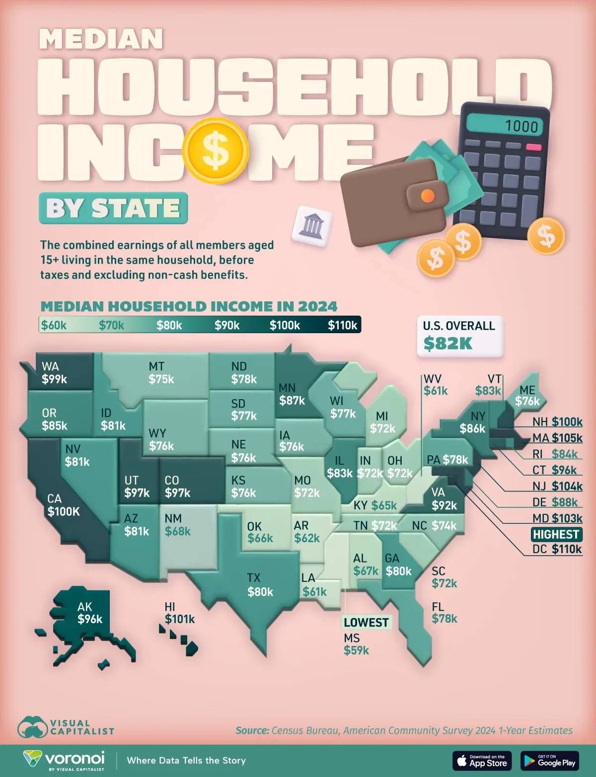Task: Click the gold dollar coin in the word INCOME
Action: (216, 150)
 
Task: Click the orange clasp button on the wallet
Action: (427, 196)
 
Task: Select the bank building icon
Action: (311, 226)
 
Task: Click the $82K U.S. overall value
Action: (447, 343)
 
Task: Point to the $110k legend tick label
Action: (342, 325)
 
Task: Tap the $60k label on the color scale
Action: (54, 325)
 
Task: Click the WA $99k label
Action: (54, 373)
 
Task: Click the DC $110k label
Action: (557, 549)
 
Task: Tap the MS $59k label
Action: (356, 644)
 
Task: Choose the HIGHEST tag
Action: (556, 534)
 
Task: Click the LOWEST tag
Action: (366, 623)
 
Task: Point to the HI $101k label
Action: (179, 613)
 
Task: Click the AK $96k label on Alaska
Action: (90, 613)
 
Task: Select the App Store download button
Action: (482, 761)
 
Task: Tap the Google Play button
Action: (549, 761)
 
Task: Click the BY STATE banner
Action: (113, 208)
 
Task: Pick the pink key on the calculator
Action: (533, 147)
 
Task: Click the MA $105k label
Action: (557, 438)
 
